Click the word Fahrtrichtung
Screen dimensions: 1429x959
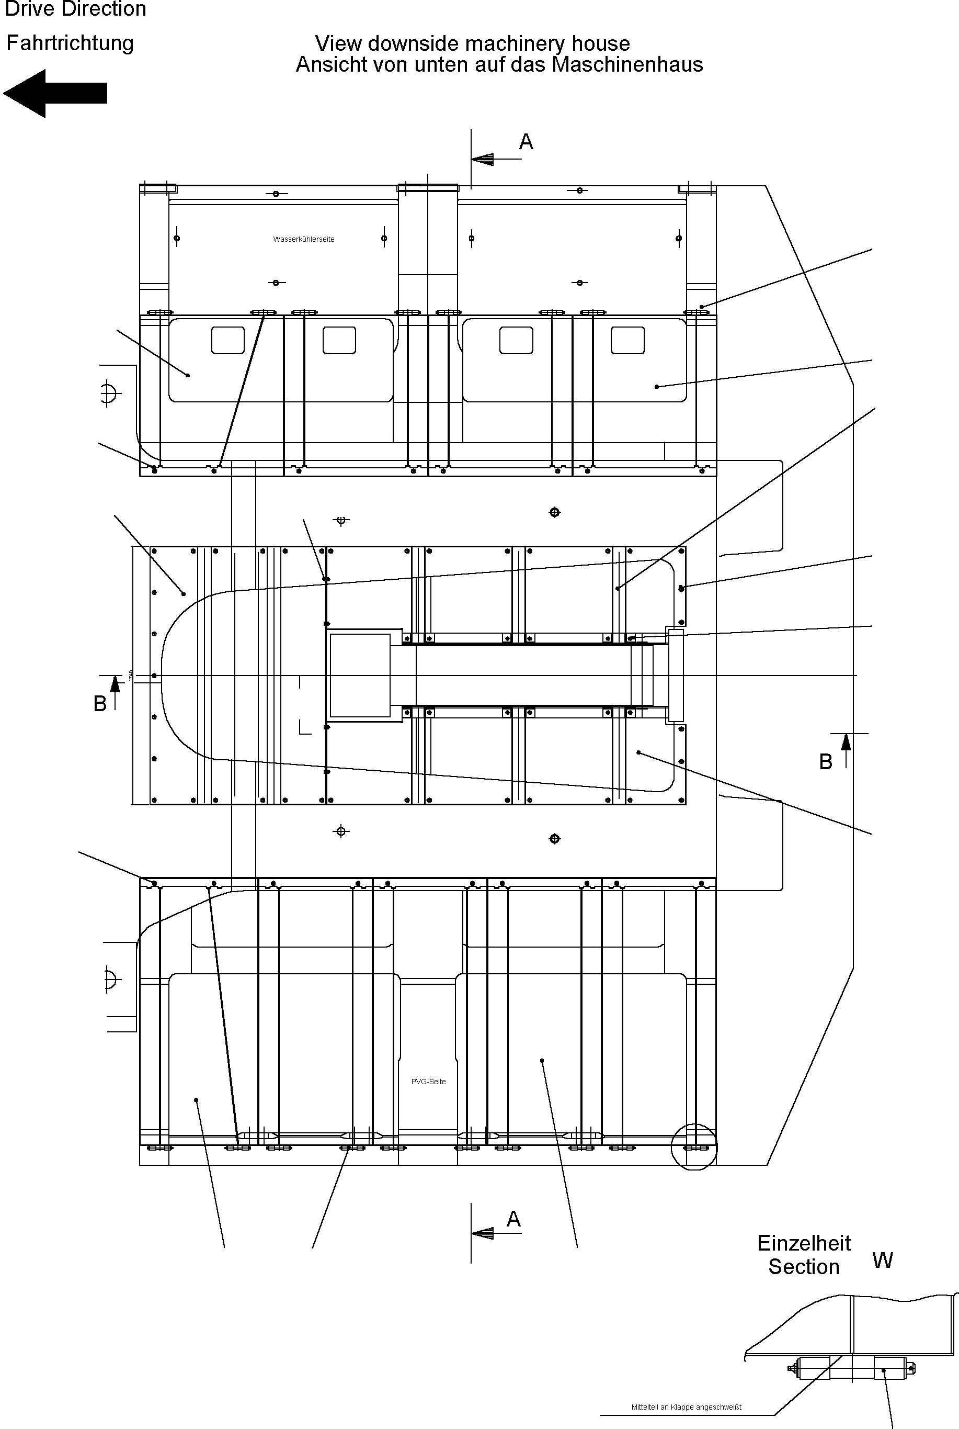70,43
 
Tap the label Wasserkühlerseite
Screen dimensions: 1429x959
303,239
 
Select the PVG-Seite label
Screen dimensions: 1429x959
428,1082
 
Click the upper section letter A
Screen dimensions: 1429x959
526,142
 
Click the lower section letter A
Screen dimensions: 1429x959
513,1219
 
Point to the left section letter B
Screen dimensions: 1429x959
100,704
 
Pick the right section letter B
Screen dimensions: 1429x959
826,762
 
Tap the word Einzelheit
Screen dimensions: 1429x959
804,1243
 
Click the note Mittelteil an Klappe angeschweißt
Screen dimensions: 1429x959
686,1407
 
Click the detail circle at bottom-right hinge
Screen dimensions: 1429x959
693,1147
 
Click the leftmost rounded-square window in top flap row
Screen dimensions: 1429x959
227,340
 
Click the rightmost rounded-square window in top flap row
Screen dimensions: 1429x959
627,340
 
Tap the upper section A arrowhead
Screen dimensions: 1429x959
483,159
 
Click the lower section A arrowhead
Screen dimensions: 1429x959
483,1233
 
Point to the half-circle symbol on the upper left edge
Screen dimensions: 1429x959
108,393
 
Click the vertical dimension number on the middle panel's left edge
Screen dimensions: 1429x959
130,675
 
